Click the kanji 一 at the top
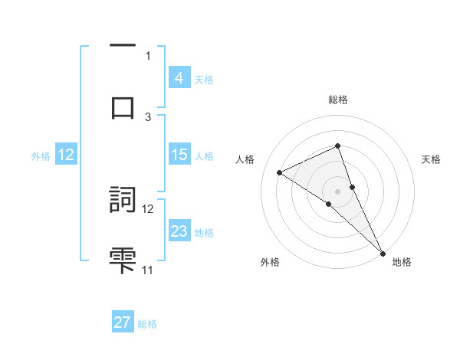click(x=123, y=47)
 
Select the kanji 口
click(x=123, y=107)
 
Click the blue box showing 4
click(x=179, y=78)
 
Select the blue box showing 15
click(x=179, y=155)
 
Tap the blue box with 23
click(x=179, y=231)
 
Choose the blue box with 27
click(x=123, y=322)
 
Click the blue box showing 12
click(x=66, y=155)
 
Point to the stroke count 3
click(x=148, y=116)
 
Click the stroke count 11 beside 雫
click(x=148, y=270)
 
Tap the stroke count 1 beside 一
click(x=148, y=55)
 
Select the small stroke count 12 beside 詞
click(x=148, y=208)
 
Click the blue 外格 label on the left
click(x=41, y=155)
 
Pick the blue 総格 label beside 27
click(x=147, y=324)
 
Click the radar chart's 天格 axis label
click(x=432, y=159)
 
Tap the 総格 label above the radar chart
click(x=338, y=100)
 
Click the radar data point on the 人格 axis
click(x=280, y=172)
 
